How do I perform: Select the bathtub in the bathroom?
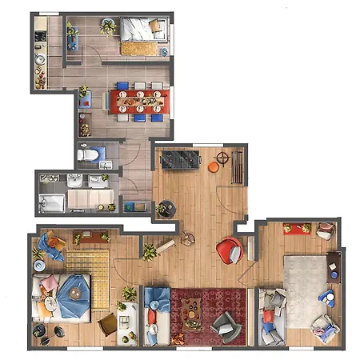point(51,202)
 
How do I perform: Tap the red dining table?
point(140,101)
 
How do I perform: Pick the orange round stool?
point(213,166)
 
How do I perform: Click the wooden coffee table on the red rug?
point(192,308)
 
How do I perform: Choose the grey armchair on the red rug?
point(225,323)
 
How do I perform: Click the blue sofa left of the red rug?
point(154,314)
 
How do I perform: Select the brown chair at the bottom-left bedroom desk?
point(108,323)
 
